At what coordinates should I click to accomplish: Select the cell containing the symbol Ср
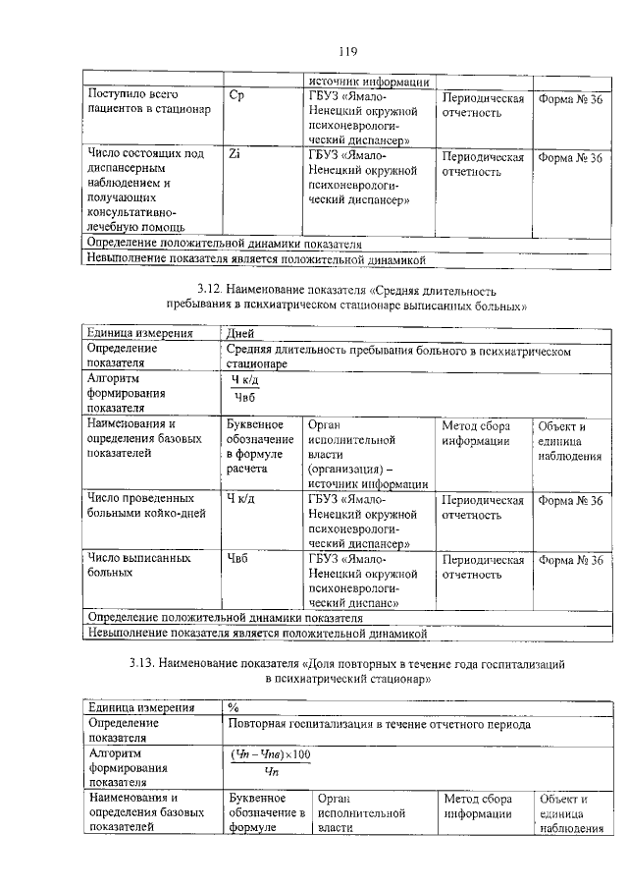[x=235, y=98]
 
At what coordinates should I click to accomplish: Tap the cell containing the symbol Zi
[x=235, y=155]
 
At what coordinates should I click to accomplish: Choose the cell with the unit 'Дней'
[x=240, y=333]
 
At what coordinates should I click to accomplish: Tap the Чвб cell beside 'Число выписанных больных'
[x=237, y=559]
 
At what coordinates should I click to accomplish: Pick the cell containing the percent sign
[x=234, y=707]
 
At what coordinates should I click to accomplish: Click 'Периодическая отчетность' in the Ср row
[x=483, y=105]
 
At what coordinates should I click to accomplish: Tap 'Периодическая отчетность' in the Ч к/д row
[x=483, y=508]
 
